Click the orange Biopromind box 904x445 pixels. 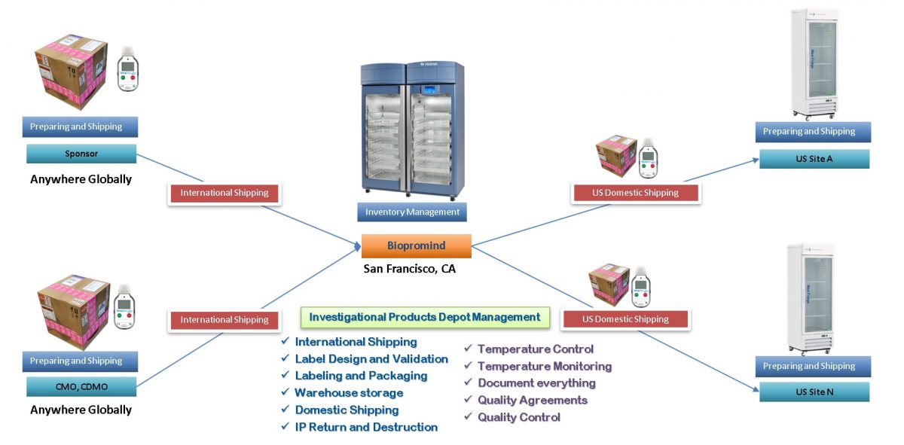[416, 246]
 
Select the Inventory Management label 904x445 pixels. [412, 212]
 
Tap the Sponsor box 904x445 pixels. [81, 154]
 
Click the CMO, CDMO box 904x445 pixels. [81, 387]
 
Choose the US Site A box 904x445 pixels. [814, 159]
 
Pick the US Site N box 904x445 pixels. [814, 392]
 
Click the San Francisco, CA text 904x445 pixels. [409, 269]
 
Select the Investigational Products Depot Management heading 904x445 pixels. [425, 317]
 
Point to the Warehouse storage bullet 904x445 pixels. [349, 393]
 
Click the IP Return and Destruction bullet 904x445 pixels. [366, 427]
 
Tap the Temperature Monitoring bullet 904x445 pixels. [544, 366]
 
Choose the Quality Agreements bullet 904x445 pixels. [532, 400]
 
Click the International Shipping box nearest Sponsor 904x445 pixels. [224, 193]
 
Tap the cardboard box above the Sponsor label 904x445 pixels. [71, 72]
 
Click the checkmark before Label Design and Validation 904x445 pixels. [286, 359]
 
